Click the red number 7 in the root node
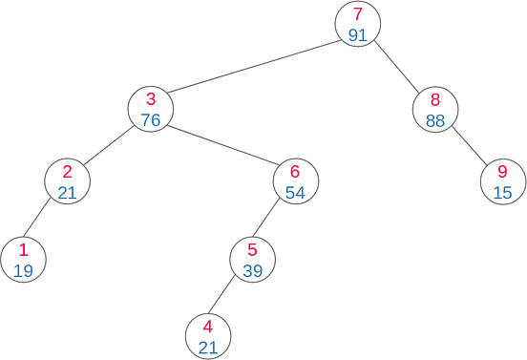[x=358, y=14]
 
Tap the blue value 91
[x=358, y=34]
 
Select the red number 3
[x=151, y=99]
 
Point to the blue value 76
[x=151, y=119]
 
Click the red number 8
[x=436, y=99]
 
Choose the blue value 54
[x=295, y=192]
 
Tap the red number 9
[x=503, y=172]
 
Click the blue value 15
[x=503, y=192]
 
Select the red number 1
[x=23, y=250]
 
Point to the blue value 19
[x=23, y=270]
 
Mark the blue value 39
[x=253, y=270]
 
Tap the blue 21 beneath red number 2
[x=67, y=192]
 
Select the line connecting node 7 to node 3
[x=254, y=66]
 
